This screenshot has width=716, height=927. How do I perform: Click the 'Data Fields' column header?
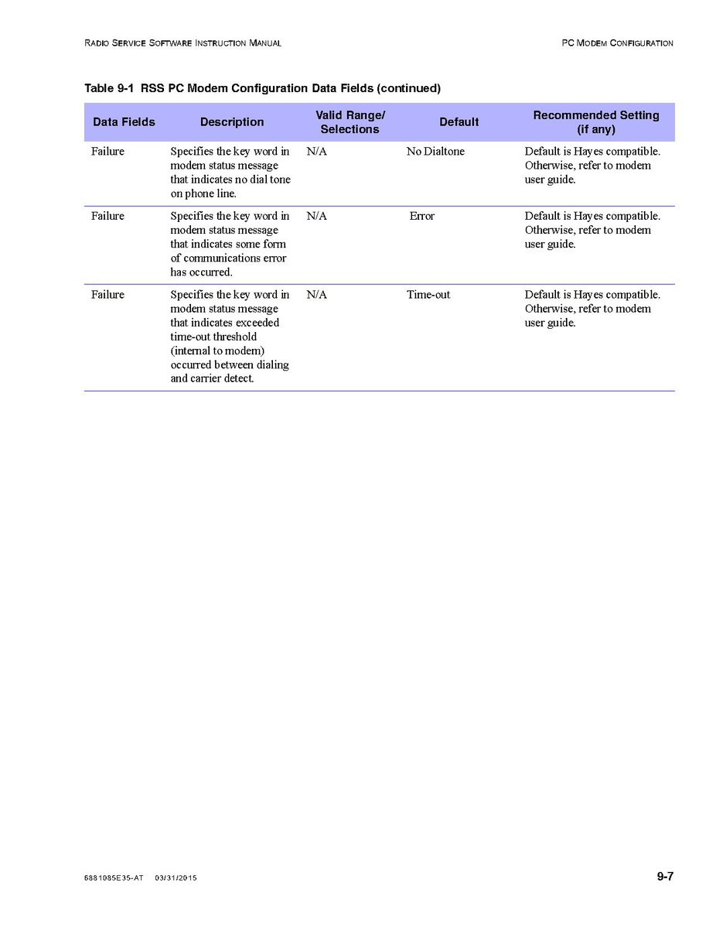[124, 122]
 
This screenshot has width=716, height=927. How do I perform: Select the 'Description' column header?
[232, 122]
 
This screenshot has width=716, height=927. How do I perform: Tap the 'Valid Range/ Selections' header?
[350, 122]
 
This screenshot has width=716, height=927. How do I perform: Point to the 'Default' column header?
[459, 122]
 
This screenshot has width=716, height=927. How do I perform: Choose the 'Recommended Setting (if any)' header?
[596, 122]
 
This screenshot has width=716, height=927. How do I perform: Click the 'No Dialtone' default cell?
[435, 152]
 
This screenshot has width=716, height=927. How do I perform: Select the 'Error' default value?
[422, 217]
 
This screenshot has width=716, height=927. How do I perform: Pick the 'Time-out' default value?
[428, 295]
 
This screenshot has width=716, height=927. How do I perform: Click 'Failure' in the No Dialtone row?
[107, 152]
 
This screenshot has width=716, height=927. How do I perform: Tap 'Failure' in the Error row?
[107, 217]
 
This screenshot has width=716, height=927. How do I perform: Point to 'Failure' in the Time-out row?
[107, 295]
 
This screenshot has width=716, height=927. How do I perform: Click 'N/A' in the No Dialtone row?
[317, 152]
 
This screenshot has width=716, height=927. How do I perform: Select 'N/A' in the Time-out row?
[317, 295]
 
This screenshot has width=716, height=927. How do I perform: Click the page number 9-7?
[665, 877]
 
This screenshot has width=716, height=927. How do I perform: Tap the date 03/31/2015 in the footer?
[176, 878]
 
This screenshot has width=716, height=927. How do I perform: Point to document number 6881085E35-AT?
[114, 878]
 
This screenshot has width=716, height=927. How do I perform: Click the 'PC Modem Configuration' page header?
[617, 43]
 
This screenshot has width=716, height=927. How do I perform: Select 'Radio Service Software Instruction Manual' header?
[182, 43]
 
